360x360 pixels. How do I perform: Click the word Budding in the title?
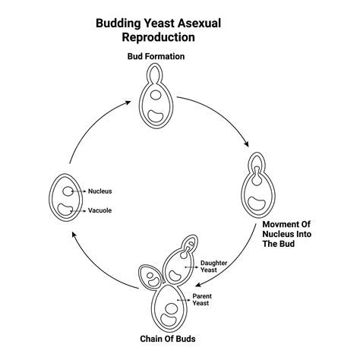(x=119, y=23)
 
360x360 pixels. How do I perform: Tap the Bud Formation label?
(x=155, y=56)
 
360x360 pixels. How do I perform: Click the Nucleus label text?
(x=99, y=191)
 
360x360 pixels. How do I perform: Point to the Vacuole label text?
(x=99, y=210)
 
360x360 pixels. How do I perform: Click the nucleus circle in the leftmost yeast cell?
(x=68, y=192)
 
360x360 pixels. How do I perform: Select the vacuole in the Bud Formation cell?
(x=156, y=116)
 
